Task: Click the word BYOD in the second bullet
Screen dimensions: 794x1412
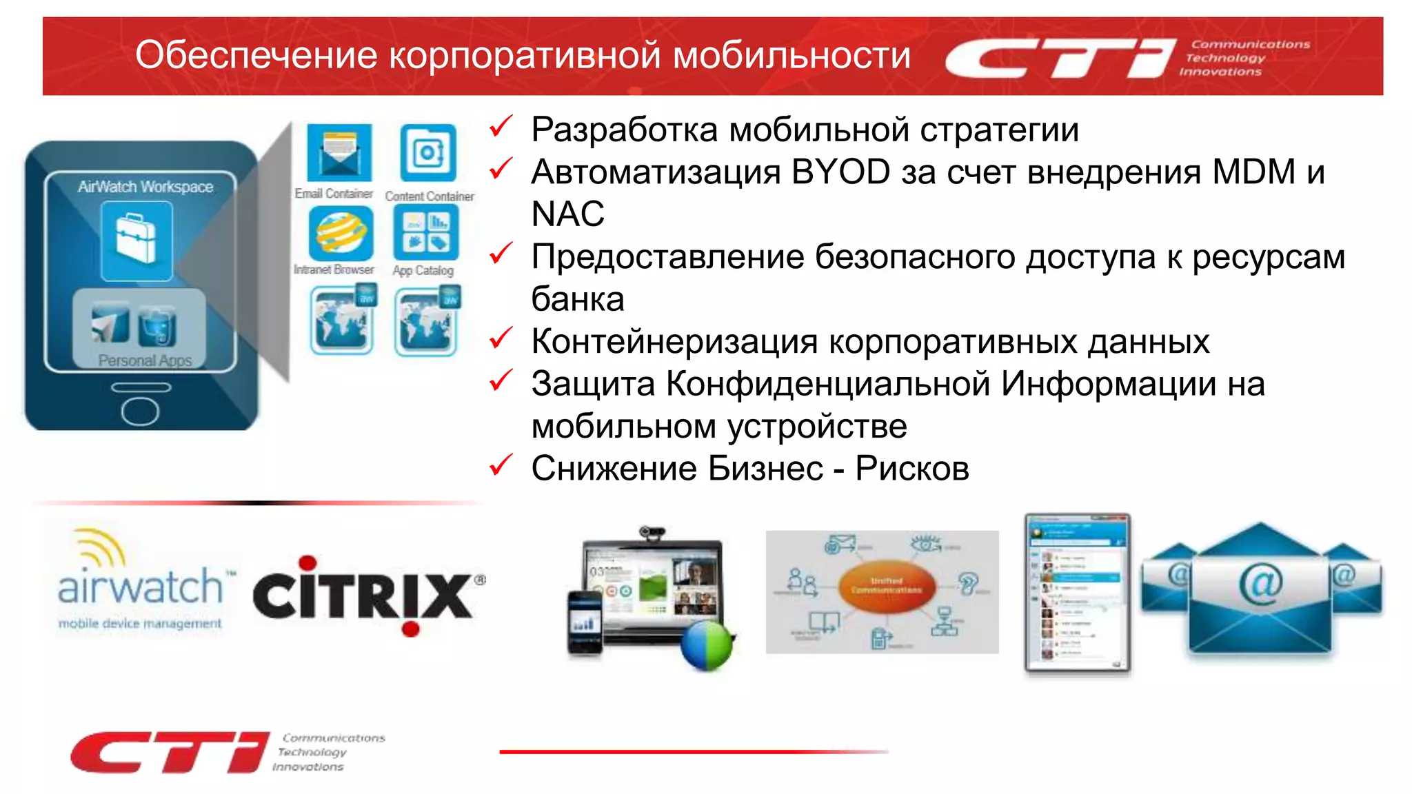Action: point(840,172)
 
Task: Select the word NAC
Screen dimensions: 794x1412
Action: point(567,214)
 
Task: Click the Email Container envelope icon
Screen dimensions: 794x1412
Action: point(339,152)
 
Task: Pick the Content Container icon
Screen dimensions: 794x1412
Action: point(428,152)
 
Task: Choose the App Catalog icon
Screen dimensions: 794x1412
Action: point(425,232)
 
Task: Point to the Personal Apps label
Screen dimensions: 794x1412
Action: point(145,360)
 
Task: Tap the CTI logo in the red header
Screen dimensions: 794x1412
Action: point(1060,58)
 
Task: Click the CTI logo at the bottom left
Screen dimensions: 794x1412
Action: point(170,752)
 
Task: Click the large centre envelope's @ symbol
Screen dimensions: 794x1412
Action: point(1260,583)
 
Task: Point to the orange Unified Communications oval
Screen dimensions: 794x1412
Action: point(887,586)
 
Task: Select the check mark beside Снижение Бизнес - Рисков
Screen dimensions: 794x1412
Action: point(501,465)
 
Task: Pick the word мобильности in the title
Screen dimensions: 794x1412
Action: point(791,55)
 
